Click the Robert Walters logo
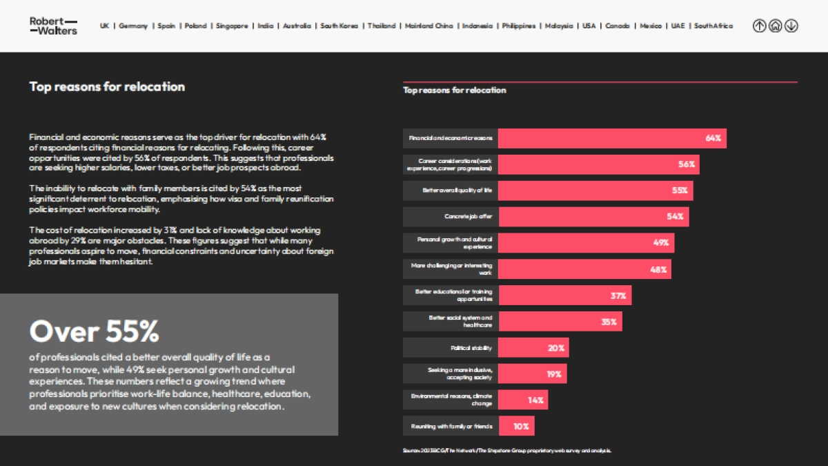(53, 26)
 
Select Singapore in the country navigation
(231, 26)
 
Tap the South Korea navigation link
(338, 26)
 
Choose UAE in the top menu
(678, 26)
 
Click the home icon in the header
(775, 26)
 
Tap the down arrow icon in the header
(791, 26)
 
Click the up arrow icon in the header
(759, 26)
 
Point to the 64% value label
(713, 138)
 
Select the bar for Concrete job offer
(593, 217)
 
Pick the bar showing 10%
(516, 427)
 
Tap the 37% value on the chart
(618, 295)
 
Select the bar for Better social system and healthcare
(560, 322)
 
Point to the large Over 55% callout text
(94, 332)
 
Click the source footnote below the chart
(506, 451)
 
